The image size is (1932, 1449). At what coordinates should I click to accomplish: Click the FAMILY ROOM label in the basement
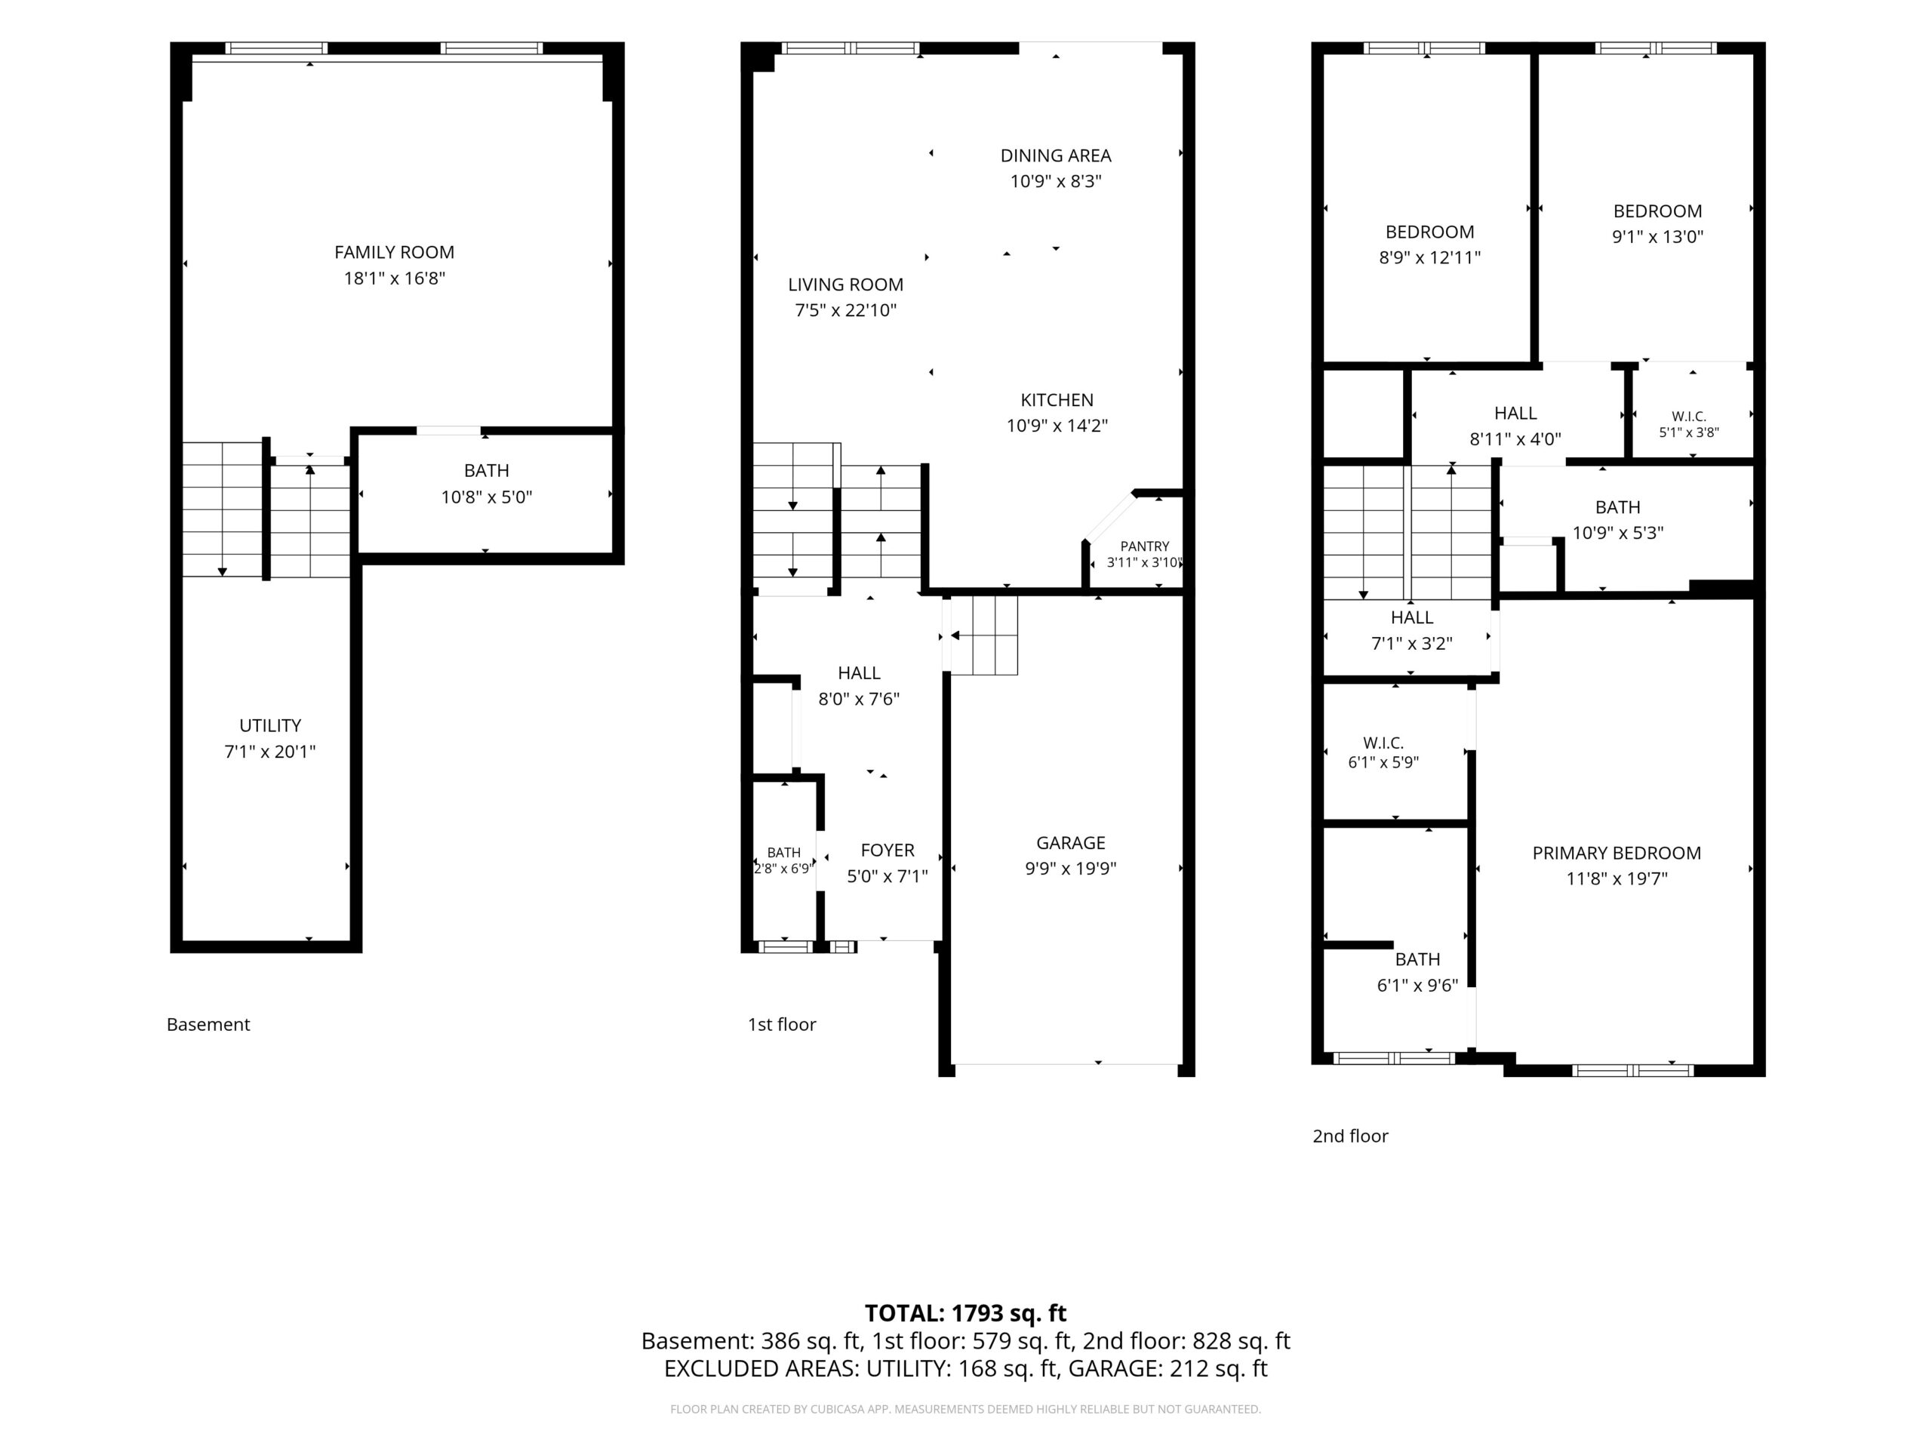pos(394,252)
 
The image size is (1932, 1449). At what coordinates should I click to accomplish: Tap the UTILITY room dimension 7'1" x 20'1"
pos(270,751)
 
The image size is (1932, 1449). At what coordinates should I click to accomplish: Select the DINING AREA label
pos(1056,155)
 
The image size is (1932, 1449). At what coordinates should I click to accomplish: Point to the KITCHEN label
pos(1057,400)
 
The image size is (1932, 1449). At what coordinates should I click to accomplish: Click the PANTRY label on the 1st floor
pos(1144,546)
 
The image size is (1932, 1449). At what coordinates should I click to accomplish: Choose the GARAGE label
pos(1071,843)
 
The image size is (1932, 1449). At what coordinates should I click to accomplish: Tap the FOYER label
pos(888,851)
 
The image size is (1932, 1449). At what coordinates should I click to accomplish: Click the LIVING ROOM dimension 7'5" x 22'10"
pos(845,310)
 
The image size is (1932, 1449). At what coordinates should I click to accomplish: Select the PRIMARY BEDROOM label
pos(1617,854)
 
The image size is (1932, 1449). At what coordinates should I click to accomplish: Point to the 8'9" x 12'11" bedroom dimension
pos(1430,257)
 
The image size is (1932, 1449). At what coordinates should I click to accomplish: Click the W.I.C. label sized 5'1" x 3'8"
pos(1689,417)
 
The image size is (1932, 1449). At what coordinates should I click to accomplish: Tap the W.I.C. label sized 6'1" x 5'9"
pos(1383,743)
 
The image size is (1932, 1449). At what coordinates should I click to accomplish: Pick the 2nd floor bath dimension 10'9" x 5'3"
pos(1617,533)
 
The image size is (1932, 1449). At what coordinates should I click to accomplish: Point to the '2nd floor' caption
pos(1350,1137)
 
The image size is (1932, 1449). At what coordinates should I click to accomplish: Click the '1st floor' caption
pos(782,1025)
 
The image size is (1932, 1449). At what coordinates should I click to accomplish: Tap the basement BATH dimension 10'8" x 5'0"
pos(487,497)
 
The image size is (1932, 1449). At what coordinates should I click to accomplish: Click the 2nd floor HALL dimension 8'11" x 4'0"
pos(1515,439)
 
